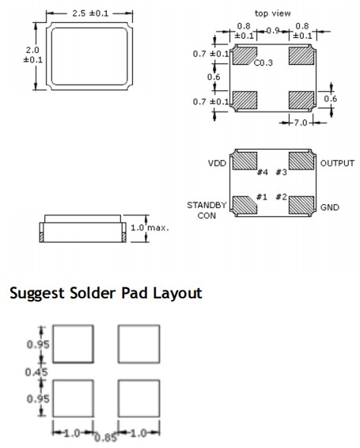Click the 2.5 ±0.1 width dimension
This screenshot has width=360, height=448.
point(90,13)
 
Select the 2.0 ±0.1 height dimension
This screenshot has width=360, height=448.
point(32,55)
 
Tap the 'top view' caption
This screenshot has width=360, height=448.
point(272,13)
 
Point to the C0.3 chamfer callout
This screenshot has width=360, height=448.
point(263,63)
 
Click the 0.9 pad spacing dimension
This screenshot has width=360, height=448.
point(273,31)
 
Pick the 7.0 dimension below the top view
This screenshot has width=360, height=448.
point(301,123)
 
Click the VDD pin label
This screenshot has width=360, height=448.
point(217,163)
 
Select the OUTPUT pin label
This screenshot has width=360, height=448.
point(337,163)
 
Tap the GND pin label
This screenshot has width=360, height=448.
point(330,207)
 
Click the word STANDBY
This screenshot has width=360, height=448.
point(207,205)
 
